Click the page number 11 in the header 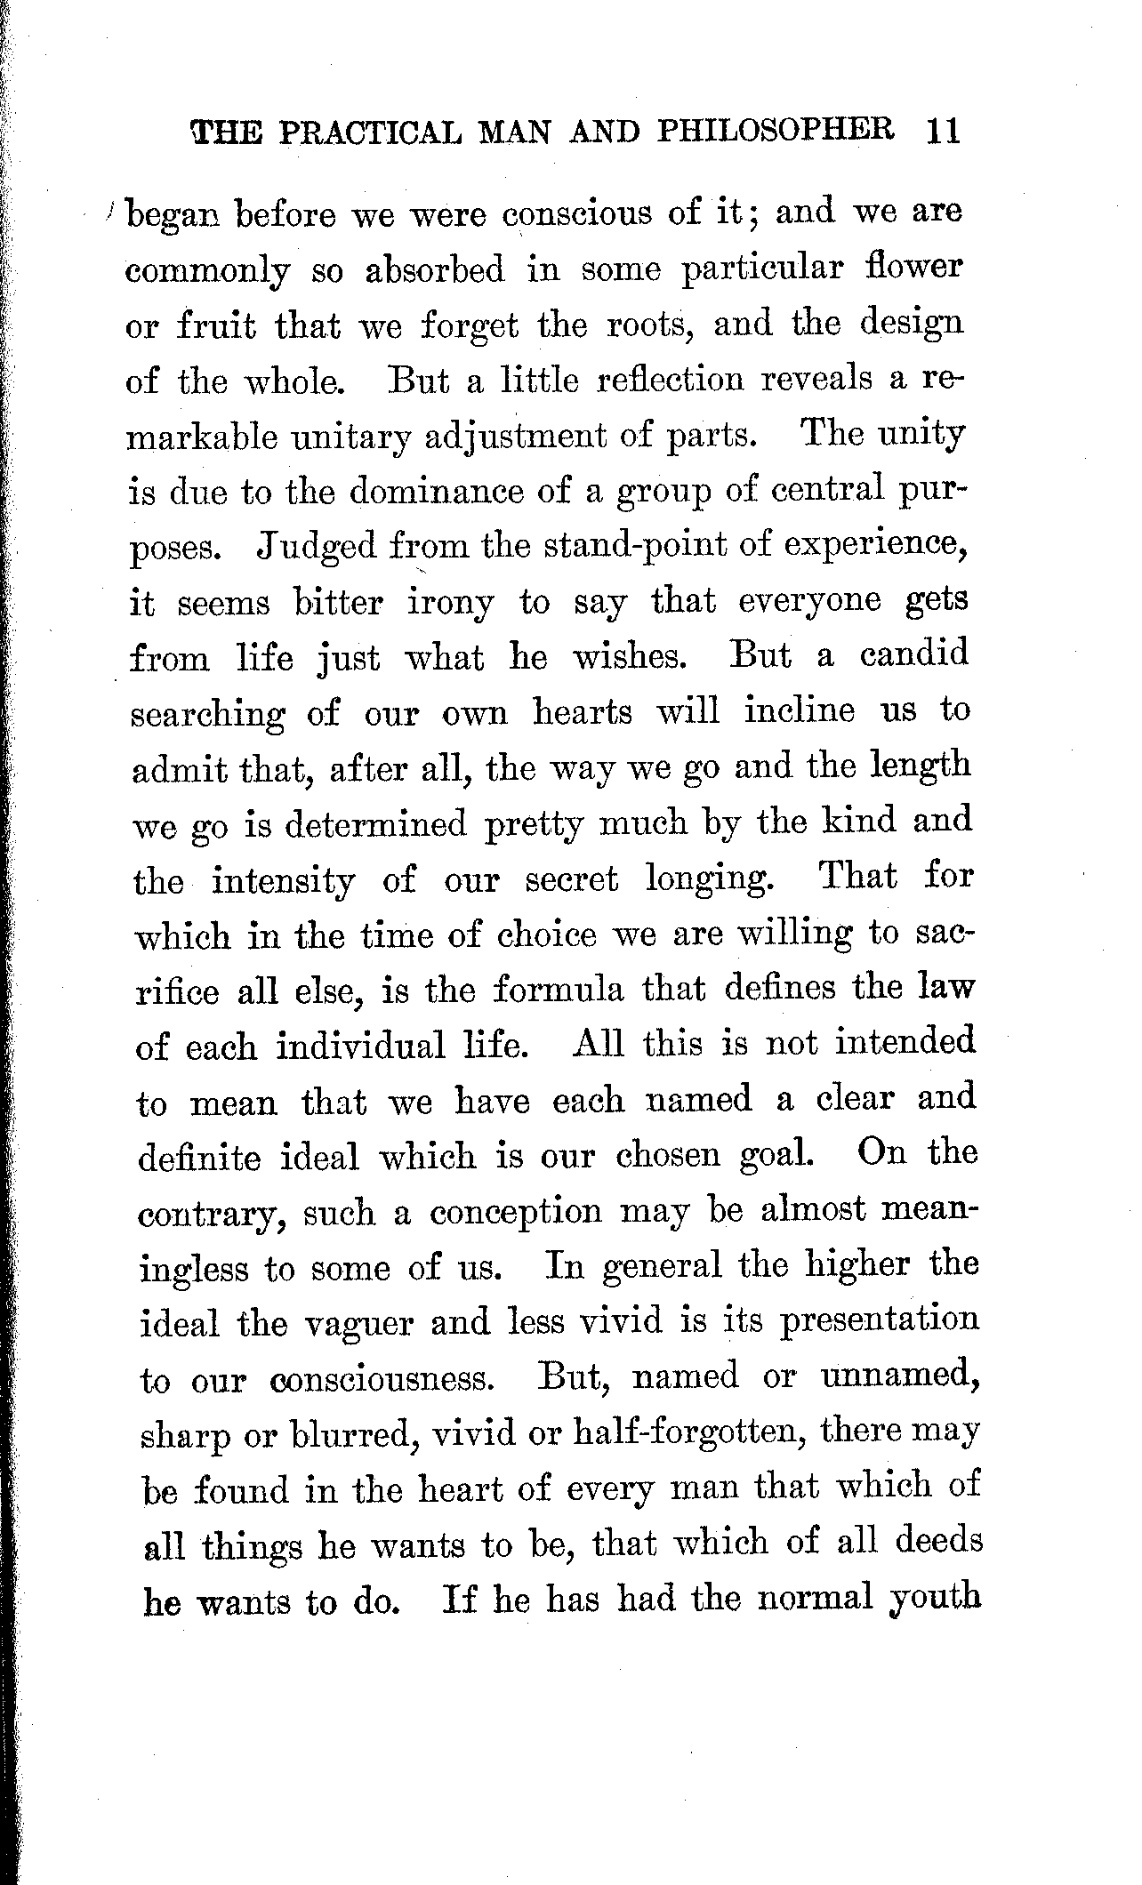pyautogui.click(x=942, y=131)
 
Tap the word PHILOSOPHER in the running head pyautogui.click(x=776, y=131)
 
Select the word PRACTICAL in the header pyautogui.click(x=372, y=132)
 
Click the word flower pyautogui.click(x=914, y=268)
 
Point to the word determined pyautogui.click(x=376, y=824)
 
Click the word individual pyautogui.click(x=359, y=1047)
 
